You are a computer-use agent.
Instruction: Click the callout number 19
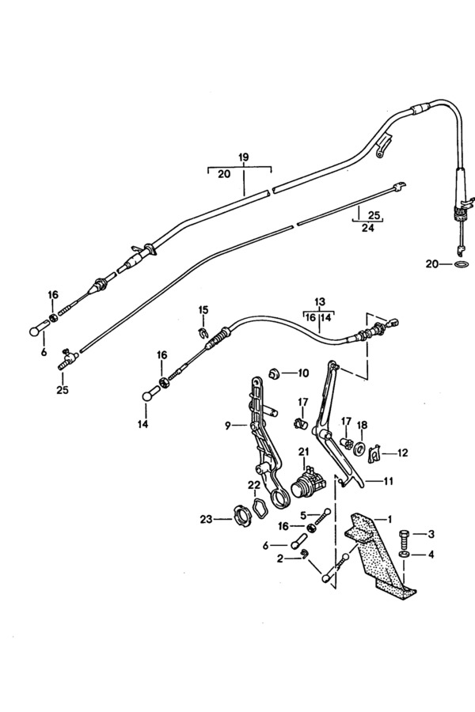coord(243,157)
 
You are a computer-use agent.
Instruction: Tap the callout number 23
coord(207,518)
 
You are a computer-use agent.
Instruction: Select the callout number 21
coord(303,452)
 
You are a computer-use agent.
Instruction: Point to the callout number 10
coord(303,373)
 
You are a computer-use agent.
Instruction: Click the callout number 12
coord(402,453)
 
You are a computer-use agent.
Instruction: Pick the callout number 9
coord(228,426)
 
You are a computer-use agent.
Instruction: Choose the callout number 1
coord(389,518)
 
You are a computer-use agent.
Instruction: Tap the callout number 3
coord(431,534)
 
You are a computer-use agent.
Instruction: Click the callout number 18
coord(362,425)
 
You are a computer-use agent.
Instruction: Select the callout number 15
coord(203,310)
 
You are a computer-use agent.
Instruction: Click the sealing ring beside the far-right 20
coord(462,264)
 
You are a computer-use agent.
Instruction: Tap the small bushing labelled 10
coord(274,373)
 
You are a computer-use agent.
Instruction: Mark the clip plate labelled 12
coord(375,453)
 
